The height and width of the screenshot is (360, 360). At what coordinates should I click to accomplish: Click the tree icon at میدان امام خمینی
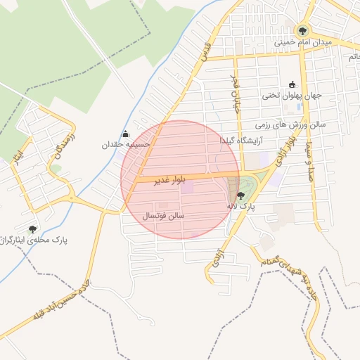click(x=302, y=30)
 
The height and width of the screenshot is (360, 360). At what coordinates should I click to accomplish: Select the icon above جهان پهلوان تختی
click(x=292, y=84)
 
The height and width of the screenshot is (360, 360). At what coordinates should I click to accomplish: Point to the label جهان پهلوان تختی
click(x=292, y=95)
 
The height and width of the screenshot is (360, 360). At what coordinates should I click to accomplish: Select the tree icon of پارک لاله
click(x=241, y=196)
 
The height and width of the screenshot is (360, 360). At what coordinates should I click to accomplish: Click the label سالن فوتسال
click(x=163, y=216)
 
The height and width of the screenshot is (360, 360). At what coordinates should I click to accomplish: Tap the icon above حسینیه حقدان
click(x=125, y=134)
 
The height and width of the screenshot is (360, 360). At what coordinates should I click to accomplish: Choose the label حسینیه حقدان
click(x=124, y=144)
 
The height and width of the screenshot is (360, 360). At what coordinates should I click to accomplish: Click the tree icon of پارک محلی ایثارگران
click(x=32, y=229)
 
